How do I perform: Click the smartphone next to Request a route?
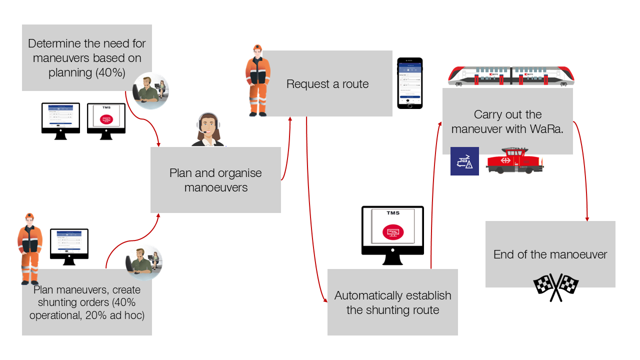point(410,83)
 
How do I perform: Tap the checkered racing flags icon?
point(556,287)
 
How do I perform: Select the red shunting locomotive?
point(514,160)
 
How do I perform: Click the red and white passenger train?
point(511,76)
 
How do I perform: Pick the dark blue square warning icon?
point(464,161)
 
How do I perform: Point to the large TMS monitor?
point(392,232)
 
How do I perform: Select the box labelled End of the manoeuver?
point(550,254)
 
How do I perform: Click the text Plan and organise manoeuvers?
point(215,180)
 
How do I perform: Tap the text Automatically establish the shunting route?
point(392,302)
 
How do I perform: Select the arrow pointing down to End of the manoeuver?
point(583,170)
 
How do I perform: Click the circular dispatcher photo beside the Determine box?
point(150,91)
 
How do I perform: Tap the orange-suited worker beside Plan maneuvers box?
point(29,247)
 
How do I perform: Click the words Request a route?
point(327,84)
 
